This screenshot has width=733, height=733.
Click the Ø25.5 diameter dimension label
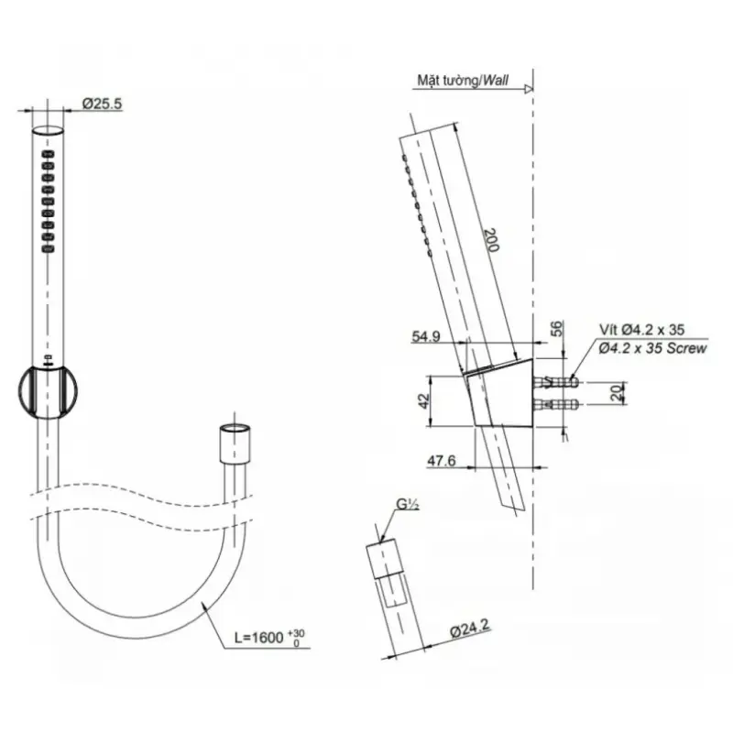click(103, 104)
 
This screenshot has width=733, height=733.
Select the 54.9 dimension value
click(425, 336)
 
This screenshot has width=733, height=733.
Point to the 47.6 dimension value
click(442, 461)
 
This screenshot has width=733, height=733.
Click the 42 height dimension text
click(423, 400)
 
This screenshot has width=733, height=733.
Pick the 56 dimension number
click(557, 329)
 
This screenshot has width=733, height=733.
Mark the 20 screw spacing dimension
click(618, 392)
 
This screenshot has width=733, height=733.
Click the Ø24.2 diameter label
click(471, 628)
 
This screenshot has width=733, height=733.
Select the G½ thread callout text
click(407, 505)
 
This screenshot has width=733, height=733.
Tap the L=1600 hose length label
click(269, 637)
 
